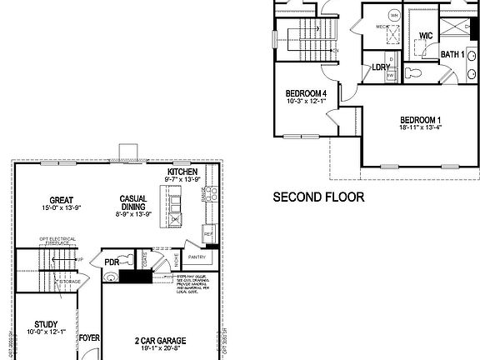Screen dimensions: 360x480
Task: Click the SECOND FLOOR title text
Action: pyautogui.click(x=320, y=198)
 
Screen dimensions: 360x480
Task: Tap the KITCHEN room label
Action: pyautogui.click(x=182, y=170)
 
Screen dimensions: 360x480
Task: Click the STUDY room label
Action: pyautogui.click(x=46, y=324)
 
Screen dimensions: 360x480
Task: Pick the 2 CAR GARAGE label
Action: pyautogui.click(x=160, y=341)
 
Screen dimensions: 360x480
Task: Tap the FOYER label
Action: pyautogui.click(x=89, y=339)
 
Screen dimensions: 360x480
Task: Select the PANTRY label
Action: pyautogui.click(x=197, y=257)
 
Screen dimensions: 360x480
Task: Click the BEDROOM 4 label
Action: pyautogui.click(x=305, y=92)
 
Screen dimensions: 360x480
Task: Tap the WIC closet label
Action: pyautogui.click(x=425, y=36)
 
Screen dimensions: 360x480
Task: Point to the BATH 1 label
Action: pyautogui.click(x=452, y=55)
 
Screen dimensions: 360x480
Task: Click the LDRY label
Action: pyautogui.click(x=381, y=67)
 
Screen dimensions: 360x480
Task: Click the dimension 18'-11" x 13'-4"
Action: pyautogui.click(x=421, y=128)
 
